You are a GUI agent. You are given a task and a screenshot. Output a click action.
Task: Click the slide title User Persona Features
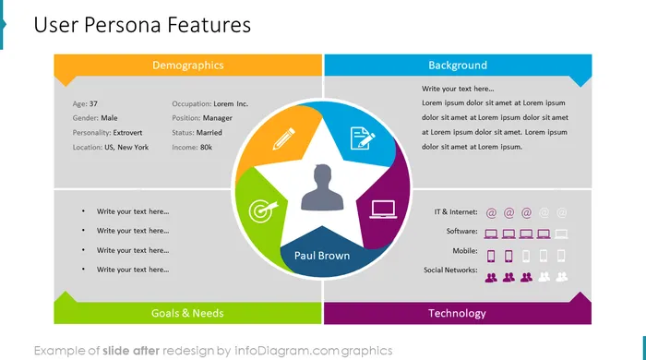pyautogui.click(x=142, y=25)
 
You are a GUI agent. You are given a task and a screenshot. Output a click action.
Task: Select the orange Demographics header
pyautogui.click(x=188, y=66)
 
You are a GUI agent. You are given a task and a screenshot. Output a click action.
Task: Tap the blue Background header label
pyautogui.click(x=458, y=66)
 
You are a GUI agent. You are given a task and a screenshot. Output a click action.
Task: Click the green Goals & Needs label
pyautogui.click(x=187, y=313)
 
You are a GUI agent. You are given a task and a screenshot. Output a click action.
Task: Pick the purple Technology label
pyautogui.click(x=457, y=314)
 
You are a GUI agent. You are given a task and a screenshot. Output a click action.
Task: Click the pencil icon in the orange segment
pyautogui.click(x=284, y=138)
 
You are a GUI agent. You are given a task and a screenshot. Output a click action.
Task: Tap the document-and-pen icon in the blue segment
pyautogui.click(x=362, y=138)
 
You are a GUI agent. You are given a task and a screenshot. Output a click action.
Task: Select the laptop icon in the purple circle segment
pyautogui.click(x=383, y=210)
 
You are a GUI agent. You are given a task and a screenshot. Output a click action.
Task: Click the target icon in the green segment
pyautogui.click(x=263, y=210)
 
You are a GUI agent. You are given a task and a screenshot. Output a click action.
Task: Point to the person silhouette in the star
pyautogui.click(x=322, y=187)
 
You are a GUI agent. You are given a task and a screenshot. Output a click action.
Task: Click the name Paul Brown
pyautogui.click(x=322, y=256)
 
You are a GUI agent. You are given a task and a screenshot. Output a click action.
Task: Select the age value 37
pyautogui.click(x=93, y=103)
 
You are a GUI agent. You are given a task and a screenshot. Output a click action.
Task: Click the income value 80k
pyautogui.click(x=206, y=147)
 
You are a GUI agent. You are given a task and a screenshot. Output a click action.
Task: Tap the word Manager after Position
pyautogui.click(x=218, y=118)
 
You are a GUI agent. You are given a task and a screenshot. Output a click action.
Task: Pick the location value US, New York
pyautogui.click(x=126, y=147)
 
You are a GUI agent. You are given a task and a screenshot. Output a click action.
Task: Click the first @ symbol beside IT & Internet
pyautogui.click(x=491, y=213)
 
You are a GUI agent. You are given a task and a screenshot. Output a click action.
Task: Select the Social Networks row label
pyautogui.click(x=450, y=270)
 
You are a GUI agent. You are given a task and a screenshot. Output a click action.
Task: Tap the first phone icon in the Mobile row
pyautogui.click(x=491, y=257)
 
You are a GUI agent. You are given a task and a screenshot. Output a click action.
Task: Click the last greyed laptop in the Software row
pyautogui.click(x=561, y=234)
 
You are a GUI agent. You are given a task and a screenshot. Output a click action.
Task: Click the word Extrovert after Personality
pyautogui.click(x=127, y=133)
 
